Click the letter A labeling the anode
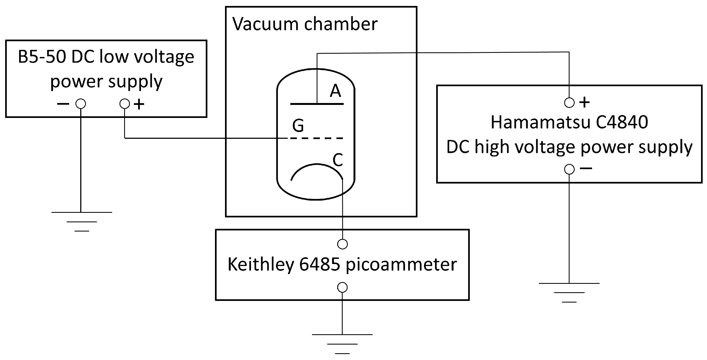(x=335, y=91)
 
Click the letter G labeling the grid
(x=298, y=126)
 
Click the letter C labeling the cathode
(x=338, y=160)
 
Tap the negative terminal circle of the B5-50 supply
(x=81, y=104)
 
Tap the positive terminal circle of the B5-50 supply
(x=125, y=104)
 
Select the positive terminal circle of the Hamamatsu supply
(x=569, y=103)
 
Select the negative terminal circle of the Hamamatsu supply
(x=569, y=169)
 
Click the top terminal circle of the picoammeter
(x=342, y=244)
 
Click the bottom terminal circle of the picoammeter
(x=342, y=287)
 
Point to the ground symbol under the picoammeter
(x=342, y=343)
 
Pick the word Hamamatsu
(x=540, y=122)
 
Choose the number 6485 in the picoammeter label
(x=319, y=265)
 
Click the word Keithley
(x=261, y=265)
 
